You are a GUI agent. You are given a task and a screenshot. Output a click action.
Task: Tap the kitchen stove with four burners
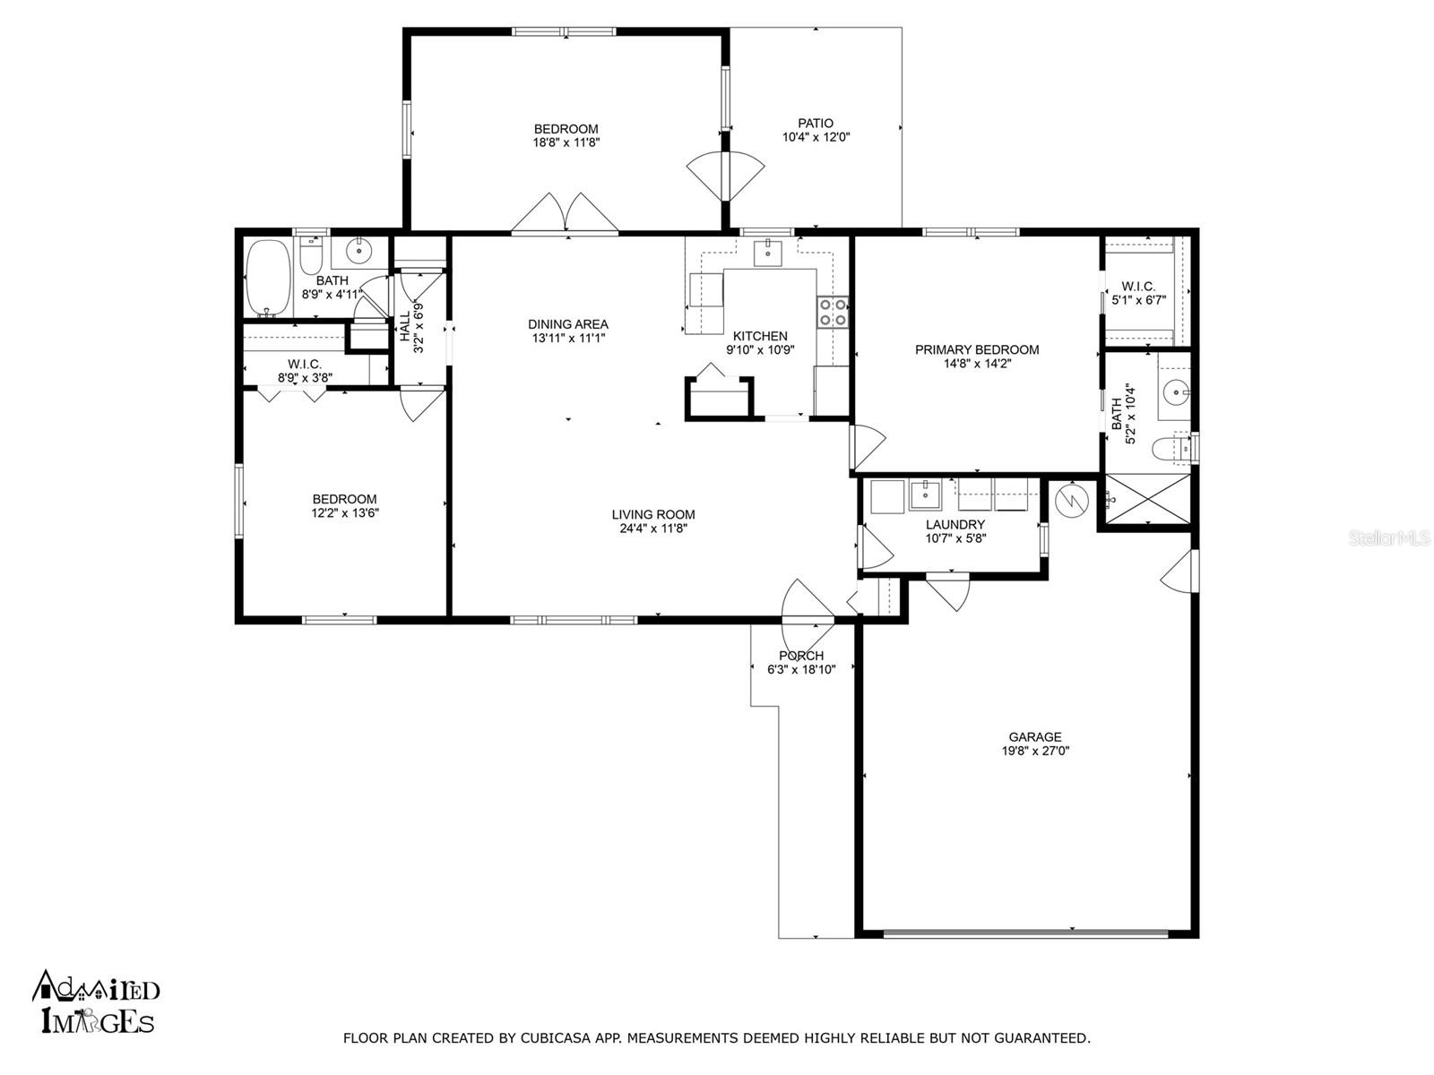click(x=833, y=312)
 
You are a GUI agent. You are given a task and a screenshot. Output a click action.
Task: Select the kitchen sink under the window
click(x=767, y=252)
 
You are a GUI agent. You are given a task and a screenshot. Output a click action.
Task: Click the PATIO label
click(x=816, y=123)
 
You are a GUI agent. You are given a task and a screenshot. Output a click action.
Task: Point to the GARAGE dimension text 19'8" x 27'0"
click(x=1035, y=751)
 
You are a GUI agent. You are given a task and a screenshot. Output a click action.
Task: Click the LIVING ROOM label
click(x=653, y=514)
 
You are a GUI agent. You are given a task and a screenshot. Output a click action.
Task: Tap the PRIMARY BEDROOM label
click(x=977, y=350)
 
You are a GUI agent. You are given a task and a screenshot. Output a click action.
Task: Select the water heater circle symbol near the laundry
click(x=1072, y=500)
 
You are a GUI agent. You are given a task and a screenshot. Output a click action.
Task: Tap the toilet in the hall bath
click(x=310, y=257)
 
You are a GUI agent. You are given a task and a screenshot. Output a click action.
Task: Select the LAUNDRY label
click(x=955, y=524)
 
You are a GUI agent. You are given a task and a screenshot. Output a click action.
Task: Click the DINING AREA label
click(x=567, y=323)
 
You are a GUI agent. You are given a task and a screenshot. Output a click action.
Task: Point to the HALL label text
click(x=405, y=325)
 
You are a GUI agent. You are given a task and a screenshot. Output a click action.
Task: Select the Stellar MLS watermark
click(x=1389, y=537)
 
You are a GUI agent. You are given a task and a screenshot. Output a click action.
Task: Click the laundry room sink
click(x=925, y=495)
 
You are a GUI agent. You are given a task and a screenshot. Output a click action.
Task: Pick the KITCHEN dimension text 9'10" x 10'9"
click(x=760, y=350)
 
